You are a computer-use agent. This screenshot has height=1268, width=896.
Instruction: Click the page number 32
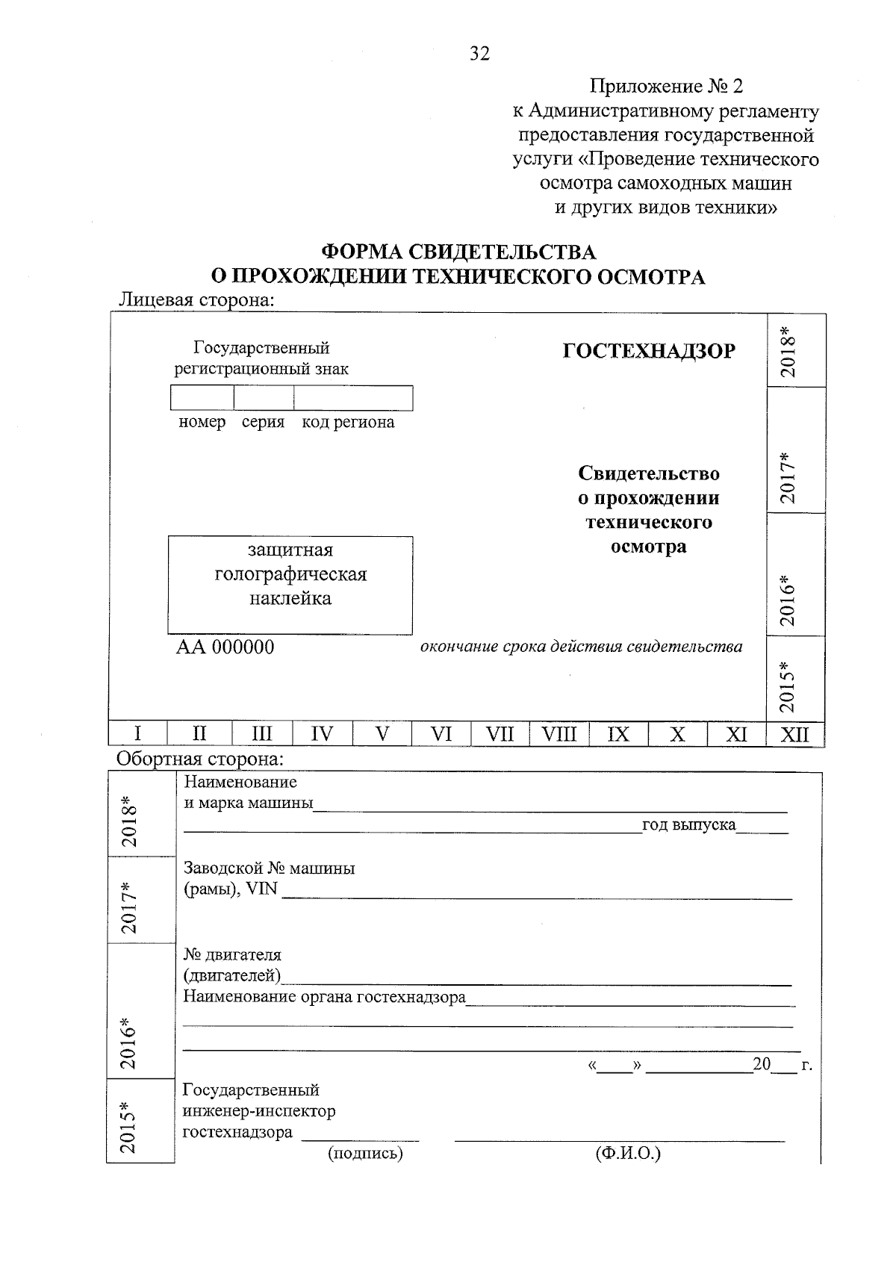click(479, 53)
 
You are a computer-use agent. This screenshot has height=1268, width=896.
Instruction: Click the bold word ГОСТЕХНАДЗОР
click(648, 351)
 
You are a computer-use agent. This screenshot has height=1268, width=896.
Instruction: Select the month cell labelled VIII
click(559, 734)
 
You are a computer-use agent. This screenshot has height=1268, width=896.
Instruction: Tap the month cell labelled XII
click(795, 735)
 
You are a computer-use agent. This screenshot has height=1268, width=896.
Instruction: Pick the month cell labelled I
click(138, 734)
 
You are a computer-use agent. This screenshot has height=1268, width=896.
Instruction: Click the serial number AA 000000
click(225, 647)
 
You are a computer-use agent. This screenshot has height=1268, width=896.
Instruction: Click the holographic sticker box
click(290, 585)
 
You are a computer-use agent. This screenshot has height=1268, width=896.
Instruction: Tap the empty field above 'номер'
click(202, 398)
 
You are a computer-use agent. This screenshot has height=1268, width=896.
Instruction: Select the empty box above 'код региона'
click(353, 398)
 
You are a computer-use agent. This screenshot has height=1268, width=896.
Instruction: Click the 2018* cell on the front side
click(796, 350)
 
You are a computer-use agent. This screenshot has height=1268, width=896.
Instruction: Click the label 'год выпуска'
click(688, 825)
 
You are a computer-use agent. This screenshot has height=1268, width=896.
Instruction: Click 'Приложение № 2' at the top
click(667, 87)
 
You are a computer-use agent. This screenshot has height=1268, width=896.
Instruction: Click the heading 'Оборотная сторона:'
click(200, 759)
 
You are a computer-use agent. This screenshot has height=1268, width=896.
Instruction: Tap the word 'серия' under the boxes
click(263, 422)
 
